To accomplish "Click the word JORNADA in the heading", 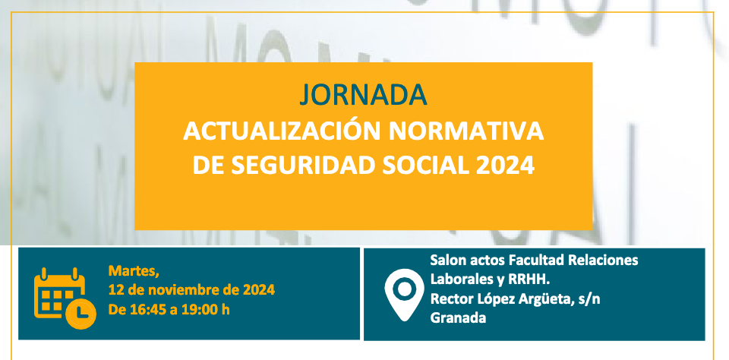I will click(363, 93).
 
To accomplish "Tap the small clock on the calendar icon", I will click(81, 311).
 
